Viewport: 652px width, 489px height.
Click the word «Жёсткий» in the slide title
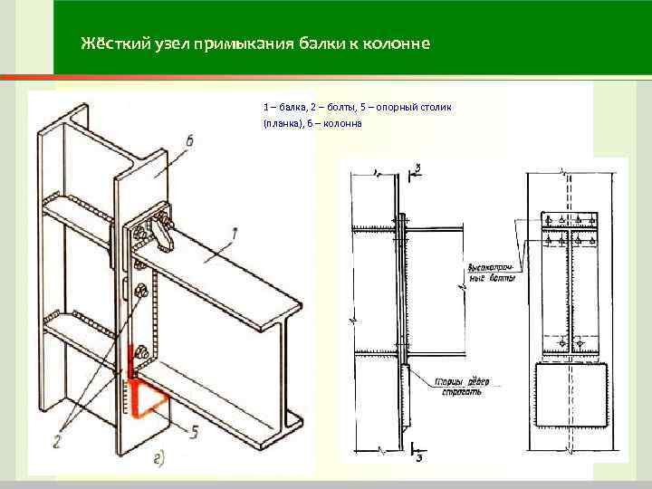coord(107,43)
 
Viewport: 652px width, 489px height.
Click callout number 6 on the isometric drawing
coord(188,139)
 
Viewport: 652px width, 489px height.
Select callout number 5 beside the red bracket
coord(193,431)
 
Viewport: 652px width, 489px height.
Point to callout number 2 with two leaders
coord(56,440)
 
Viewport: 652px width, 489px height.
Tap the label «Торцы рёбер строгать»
coord(463,386)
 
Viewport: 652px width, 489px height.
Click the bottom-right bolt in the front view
coord(580,343)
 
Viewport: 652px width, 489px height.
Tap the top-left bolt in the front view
coord(550,219)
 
